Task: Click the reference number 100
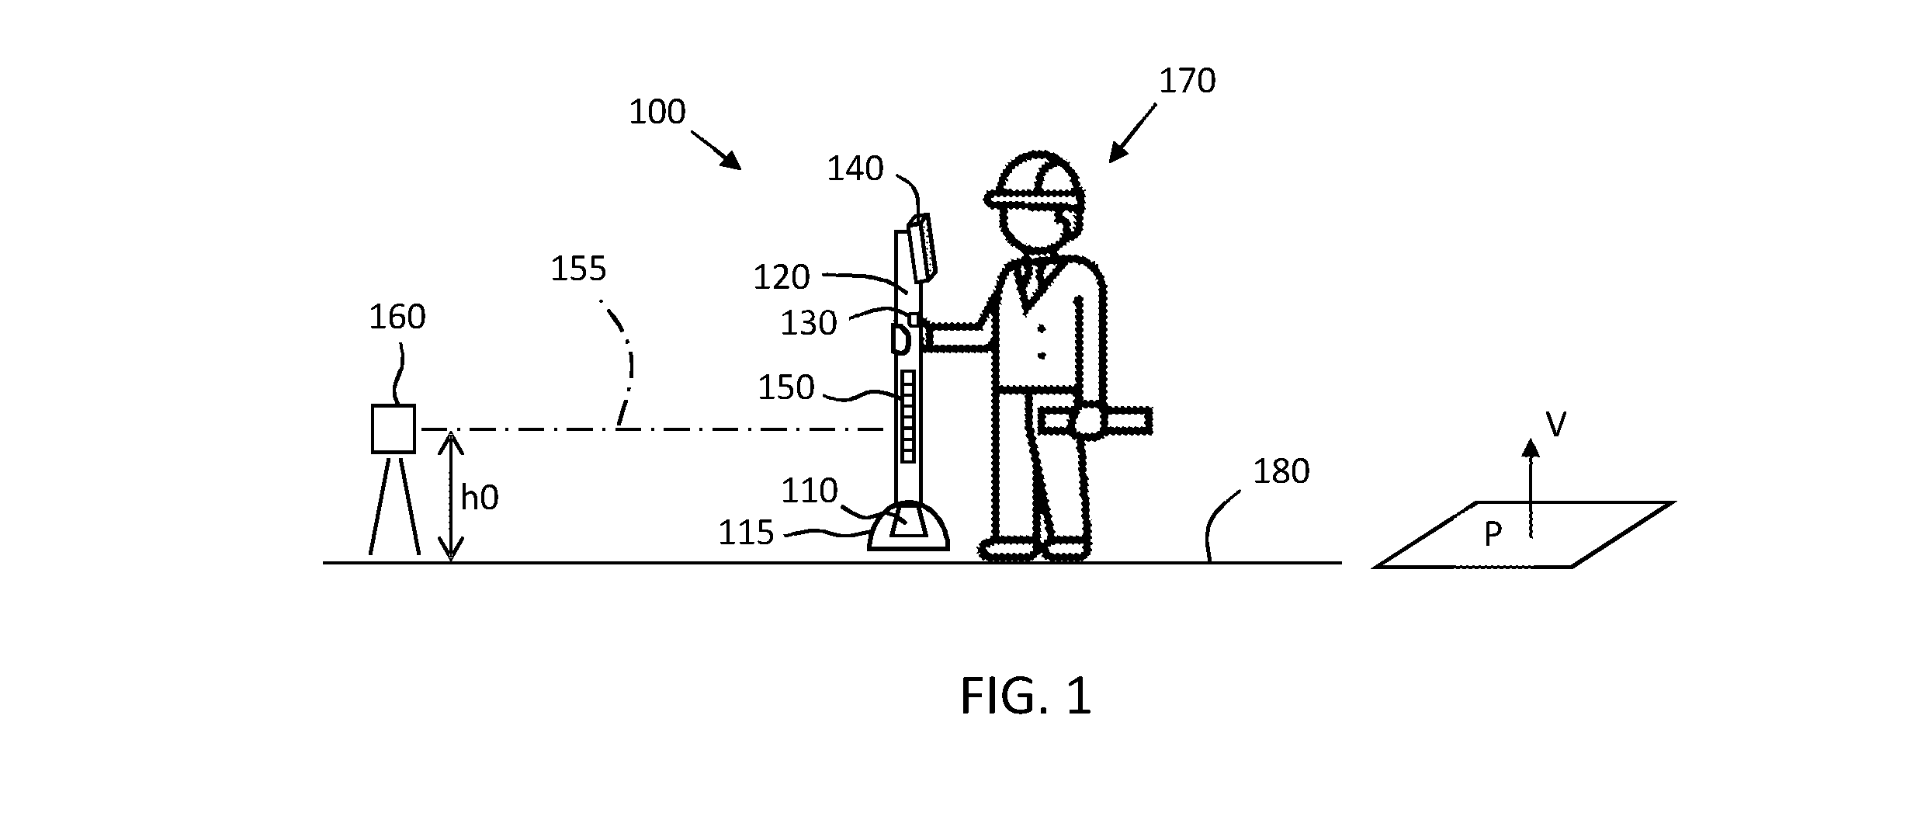pos(657,113)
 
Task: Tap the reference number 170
pos(1187,81)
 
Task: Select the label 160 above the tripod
pos(397,318)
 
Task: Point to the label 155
pos(578,269)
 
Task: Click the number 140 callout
pos(855,169)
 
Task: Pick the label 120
pos(782,278)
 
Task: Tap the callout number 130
pos(809,324)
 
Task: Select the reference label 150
pos(786,388)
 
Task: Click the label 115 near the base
pos(746,533)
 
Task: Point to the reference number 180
pos(1281,472)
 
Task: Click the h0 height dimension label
pos(480,498)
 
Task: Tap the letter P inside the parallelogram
pos(1492,535)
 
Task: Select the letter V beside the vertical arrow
pos(1555,425)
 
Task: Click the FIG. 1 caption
pos(1026,696)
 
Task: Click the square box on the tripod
pos(394,429)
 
